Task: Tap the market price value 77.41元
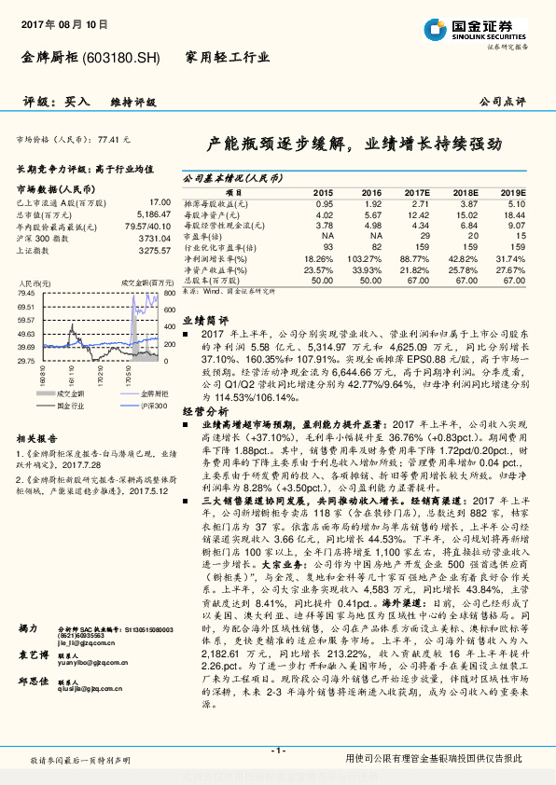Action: pos(113,139)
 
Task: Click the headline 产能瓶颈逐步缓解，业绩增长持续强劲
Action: pos(354,145)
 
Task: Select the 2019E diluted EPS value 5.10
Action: pos(515,202)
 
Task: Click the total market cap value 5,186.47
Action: pos(152,213)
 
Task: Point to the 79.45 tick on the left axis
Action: pos(27,293)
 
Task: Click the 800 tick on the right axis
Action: pos(169,293)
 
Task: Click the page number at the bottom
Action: pos(276,751)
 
